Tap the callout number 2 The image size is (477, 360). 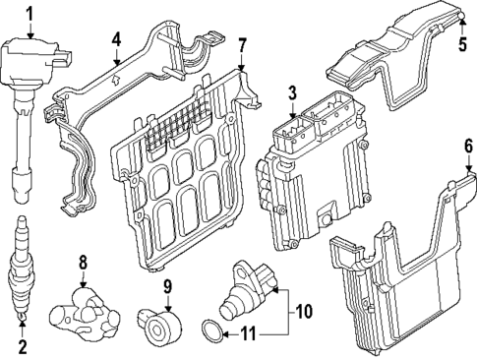(x=21, y=346)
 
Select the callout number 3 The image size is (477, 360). (x=291, y=92)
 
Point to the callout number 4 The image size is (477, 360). (x=116, y=40)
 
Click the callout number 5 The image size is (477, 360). (x=463, y=44)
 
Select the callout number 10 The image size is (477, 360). (x=304, y=312)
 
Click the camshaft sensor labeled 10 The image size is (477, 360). (x=250, y=291)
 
